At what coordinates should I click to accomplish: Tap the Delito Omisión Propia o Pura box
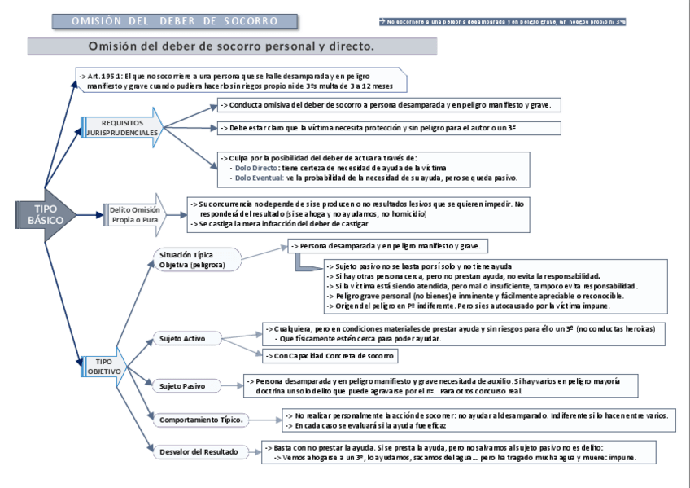click(135, 215)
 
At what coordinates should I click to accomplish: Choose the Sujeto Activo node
click(182, 338)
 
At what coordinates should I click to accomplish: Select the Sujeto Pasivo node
click(182, 386)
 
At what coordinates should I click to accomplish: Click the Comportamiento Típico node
click(201, 420)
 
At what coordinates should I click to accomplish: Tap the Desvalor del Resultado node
click(198, 451)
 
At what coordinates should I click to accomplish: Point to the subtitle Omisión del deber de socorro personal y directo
click(231, 46)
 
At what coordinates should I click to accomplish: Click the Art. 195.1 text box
click(241, 80)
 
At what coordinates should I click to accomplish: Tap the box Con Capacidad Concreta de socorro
click(330, 355)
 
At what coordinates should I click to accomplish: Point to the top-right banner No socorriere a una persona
click(502, 22)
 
